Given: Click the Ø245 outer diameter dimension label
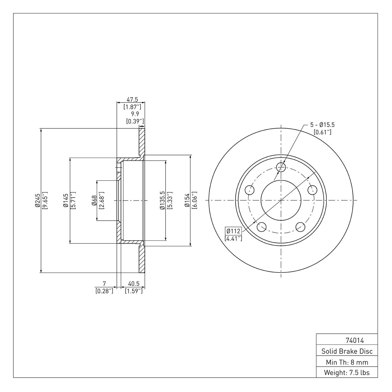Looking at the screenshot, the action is [x=38, y=201].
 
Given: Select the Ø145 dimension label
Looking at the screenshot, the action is [x=66, y=201].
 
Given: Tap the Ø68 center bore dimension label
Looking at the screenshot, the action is [x=94, y=201].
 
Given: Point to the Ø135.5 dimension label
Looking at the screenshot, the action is [x=162, y=201].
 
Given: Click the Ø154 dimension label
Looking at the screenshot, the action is [x=187, y=201].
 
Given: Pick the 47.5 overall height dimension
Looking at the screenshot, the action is [x=132, y=100].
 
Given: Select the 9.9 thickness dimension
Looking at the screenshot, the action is [x=135, y=114].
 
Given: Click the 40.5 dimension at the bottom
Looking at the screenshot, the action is [x=134, y=284].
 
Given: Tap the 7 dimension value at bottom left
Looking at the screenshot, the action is [x=105, y=284].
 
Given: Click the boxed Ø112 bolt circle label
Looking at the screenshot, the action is [x=233, y=231].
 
